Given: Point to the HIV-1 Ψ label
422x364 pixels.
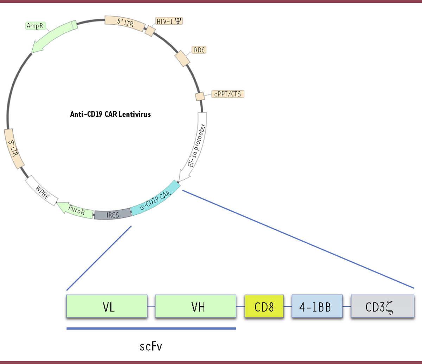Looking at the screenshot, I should tap(169, 21).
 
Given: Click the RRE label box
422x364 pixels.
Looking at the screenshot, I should tap(199, 50).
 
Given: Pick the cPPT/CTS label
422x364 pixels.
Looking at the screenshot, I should tap(228, 94).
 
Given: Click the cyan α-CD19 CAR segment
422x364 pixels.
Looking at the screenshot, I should tap(155, 199).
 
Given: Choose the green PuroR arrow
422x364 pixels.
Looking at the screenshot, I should tap(75, 210).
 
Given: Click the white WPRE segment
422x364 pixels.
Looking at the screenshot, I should tap(42, 190).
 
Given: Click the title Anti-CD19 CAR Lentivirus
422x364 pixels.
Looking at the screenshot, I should tap(110, 115).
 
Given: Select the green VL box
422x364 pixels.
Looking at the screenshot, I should tap(107, 306).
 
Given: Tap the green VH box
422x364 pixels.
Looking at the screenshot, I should tap(195, 306).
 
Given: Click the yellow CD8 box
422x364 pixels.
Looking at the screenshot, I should tap(264, 306).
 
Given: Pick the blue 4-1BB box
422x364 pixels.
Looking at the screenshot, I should tap(317, 306).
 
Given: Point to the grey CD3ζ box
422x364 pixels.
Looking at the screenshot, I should tap(382, 306).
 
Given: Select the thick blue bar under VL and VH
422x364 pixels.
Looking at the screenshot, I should tap(151, 329).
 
